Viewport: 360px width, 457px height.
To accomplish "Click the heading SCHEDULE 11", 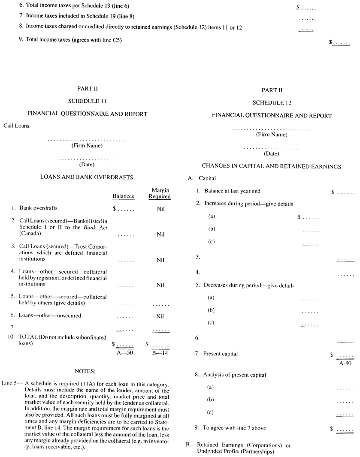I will point(88,102).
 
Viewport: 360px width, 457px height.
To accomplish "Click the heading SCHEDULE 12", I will point(271,102).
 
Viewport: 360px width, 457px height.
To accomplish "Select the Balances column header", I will point(123,196).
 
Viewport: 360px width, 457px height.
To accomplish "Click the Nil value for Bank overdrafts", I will point(160,209).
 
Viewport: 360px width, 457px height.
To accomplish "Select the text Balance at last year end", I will point(232,191).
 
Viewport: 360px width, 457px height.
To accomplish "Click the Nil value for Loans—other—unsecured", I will point(160,316).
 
